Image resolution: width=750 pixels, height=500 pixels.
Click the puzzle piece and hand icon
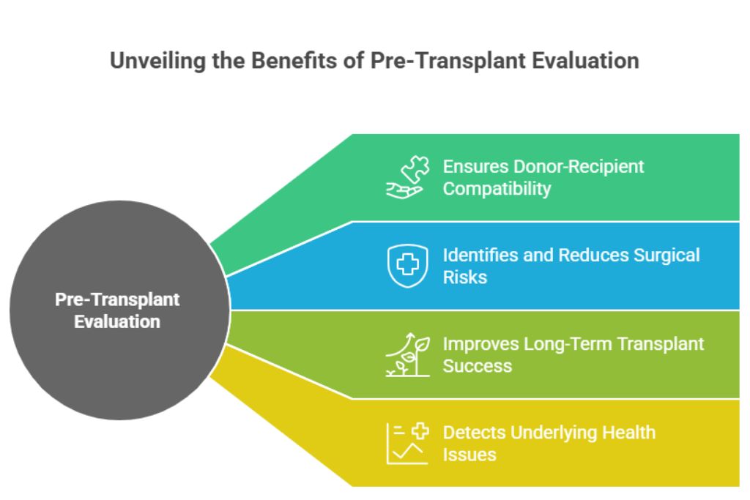[x=406, y=177]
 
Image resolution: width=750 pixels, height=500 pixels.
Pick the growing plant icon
[x=407, y=354]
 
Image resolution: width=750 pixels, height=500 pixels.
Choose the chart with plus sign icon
[x=407, y=444]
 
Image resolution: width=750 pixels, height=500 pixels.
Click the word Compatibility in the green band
[x=497, y=189]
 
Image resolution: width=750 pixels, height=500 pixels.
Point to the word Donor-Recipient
[x=579, y=166]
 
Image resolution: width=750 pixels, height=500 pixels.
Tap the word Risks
[x=464, y=277]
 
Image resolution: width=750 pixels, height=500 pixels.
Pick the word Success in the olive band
[x=477, y=366]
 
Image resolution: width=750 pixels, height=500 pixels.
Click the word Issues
[x=469, y=455]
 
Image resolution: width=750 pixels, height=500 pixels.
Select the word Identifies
[x=478, y=255]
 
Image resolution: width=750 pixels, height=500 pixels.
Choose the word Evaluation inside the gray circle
[x=117, y=321]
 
